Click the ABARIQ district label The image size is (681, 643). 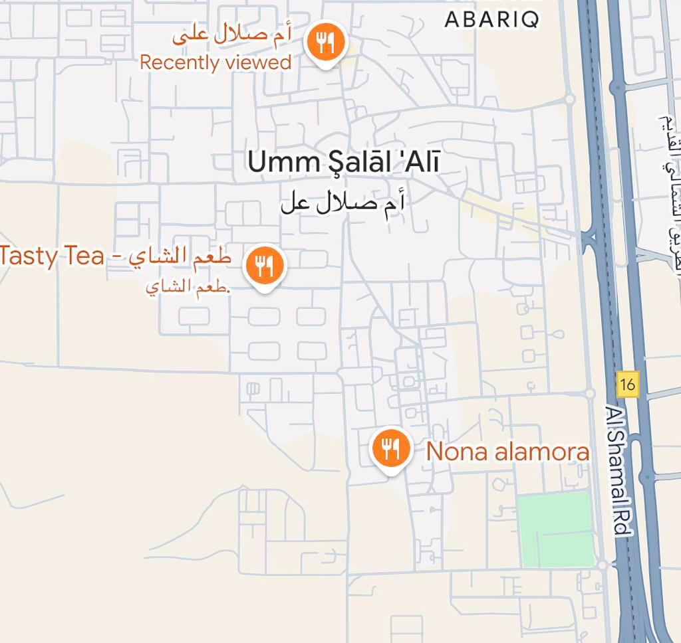(491, 19)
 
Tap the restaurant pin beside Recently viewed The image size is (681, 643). (325, 43)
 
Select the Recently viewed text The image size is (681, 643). (215, 62)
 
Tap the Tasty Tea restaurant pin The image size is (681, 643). (265, 266)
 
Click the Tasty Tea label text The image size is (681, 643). (116, 256)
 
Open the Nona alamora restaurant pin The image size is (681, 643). (388, 447)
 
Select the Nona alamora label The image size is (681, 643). (507, 452)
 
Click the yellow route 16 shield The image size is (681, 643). (627, 384)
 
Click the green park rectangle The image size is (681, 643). (555, 529)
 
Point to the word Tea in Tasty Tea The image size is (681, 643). (84, 256)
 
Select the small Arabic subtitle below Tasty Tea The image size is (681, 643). (188, 288)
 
